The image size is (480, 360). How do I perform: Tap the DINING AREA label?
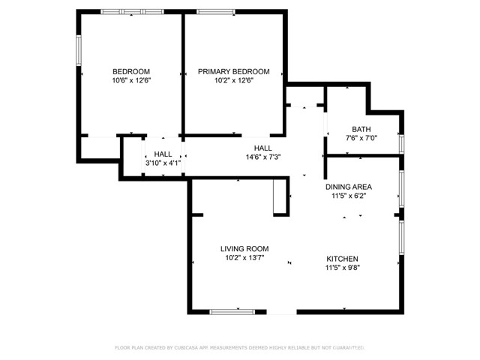[x=348, y=187]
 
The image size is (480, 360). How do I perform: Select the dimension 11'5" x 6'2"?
[x=348, y=196]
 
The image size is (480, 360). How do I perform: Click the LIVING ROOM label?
[x=244, y=249]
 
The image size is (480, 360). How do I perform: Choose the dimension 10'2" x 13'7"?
[x=244, y=258]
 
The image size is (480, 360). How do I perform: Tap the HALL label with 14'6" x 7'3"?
[x=262, y=148]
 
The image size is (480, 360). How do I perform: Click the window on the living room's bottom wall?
[x=232, y=310]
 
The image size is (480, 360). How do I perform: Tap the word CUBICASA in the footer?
[x=189, y=348]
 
